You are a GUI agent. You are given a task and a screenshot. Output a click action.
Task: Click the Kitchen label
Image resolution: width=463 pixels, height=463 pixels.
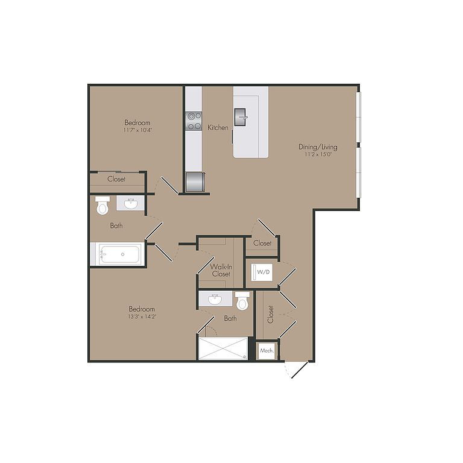[218, 128]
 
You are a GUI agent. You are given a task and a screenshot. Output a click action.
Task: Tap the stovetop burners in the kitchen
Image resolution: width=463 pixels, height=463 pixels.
[194, 121]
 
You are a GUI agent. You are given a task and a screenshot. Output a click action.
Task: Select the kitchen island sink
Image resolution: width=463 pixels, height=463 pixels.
[241, 116]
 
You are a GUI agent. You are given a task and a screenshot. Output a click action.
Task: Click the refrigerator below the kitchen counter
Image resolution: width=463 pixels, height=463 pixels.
[195, 182]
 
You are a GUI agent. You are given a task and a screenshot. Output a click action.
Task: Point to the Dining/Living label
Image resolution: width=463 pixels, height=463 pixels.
[318, 146]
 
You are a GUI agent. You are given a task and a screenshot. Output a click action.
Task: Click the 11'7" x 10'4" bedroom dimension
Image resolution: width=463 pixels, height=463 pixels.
[137, 130]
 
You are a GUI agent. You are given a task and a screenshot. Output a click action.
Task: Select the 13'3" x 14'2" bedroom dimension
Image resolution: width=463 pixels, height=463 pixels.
[142, 317]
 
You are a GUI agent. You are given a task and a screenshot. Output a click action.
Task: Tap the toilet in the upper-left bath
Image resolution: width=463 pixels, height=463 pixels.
[102, 204]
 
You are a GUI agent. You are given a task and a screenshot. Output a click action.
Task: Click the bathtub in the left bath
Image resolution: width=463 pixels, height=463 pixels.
[119, 254]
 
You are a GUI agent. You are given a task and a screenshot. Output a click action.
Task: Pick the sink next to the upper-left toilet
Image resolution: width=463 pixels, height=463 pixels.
[130, 203]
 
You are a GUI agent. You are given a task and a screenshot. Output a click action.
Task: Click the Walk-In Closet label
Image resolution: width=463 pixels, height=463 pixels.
[221, 270]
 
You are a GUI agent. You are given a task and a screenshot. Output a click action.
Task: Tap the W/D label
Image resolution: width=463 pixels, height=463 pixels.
[263, 272]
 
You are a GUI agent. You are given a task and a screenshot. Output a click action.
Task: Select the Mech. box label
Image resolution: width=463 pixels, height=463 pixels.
[267, 351]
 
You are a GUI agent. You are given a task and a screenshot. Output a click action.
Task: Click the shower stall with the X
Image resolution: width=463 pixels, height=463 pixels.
[223, 348]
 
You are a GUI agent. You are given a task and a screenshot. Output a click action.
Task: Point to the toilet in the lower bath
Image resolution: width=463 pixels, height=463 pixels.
[242, 301]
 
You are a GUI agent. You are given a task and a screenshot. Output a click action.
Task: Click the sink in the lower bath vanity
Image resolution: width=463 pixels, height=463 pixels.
[215, 300]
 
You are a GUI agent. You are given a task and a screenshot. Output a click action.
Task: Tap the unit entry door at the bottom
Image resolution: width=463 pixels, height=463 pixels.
[300, 370]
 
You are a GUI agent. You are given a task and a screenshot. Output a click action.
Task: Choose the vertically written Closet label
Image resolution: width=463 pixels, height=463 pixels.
[270, 314]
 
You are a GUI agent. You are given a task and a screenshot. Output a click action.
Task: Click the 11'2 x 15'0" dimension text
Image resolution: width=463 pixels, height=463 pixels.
[318, 154]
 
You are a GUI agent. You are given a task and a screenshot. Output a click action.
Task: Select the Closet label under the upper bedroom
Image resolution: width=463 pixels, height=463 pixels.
[116, 179]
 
